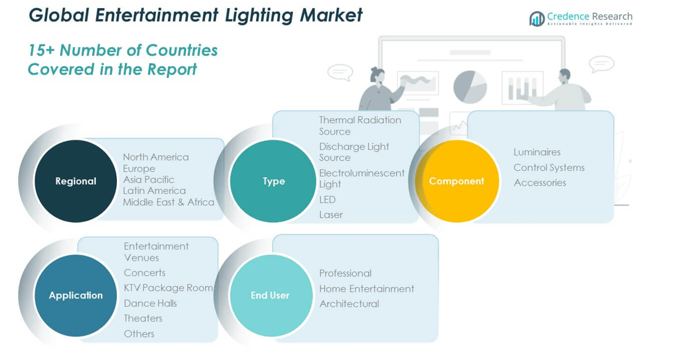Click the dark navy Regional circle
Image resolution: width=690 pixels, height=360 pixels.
point(76,181)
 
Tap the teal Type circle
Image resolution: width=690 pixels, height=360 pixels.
point(273,181)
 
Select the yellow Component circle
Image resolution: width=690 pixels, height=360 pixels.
point(456,181)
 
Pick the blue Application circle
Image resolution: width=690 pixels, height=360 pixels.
point(76,295)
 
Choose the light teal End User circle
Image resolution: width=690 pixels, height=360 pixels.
point(270,295)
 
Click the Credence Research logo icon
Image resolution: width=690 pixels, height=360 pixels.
point(537,19)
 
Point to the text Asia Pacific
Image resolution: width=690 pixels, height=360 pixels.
point(149,180)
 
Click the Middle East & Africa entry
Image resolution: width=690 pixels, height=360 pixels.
point(169,202)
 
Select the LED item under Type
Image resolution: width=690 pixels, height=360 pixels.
point(327,200)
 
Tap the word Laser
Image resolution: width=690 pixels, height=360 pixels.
point(331,215)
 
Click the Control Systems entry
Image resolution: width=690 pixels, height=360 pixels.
point(549,167)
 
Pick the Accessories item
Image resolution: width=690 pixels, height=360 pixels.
point(540,183)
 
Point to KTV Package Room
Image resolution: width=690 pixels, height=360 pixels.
point(168,288)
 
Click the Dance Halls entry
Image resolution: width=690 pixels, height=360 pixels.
point(150,303)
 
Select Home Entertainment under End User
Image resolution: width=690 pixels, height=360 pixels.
point(366,288)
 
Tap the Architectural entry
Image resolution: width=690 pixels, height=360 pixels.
point(349,304)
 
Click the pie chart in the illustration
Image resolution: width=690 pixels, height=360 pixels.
point(470,87)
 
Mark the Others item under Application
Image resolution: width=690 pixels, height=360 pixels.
point(139,334)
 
